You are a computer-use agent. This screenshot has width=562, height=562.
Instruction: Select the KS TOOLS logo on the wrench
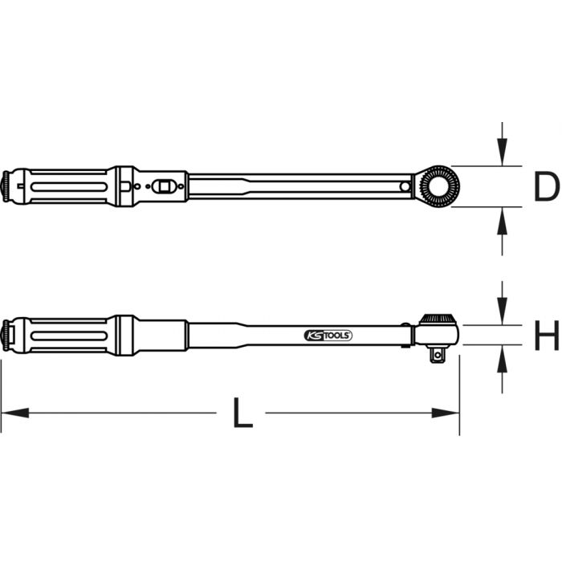click(328, 335)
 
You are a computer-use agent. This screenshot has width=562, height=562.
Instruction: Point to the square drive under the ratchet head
click(438, 352)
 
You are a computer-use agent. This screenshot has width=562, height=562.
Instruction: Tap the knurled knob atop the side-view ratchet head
click(438, 318)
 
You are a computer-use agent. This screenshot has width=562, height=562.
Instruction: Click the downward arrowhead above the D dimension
click(502, 153)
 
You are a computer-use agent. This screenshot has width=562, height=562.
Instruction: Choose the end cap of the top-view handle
click(8, 186)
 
